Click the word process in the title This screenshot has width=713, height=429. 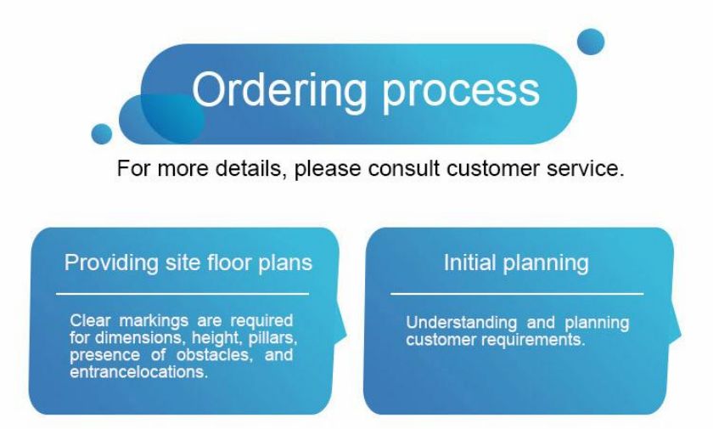coord(461,93)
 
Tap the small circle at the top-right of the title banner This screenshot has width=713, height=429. coord(591,42)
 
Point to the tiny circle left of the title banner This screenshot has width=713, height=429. coord(101,133)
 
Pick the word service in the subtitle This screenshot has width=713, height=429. coord(585,168)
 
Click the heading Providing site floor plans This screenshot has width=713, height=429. coord(188,262)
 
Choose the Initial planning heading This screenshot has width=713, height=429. coord(516,263)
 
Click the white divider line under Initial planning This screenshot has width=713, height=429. coord(517,294)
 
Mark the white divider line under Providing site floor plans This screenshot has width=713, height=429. coord(182,294)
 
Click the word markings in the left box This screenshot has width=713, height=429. coord(154,321)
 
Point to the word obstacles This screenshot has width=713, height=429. coord(214,354)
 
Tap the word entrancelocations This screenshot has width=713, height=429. coord(138,372)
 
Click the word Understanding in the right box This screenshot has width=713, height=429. coord(462,324)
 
